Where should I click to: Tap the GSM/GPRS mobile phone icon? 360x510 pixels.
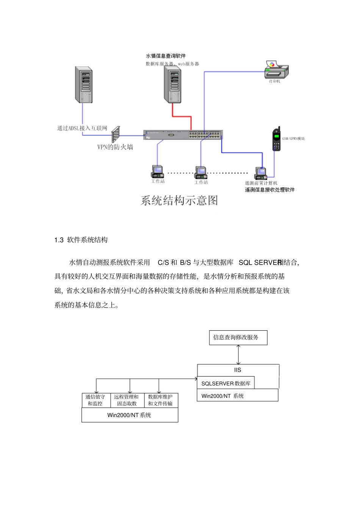click(x=277, y=140)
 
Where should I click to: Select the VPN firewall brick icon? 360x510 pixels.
click(x=116, y=135)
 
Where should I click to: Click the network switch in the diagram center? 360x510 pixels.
click(x=183, y=135)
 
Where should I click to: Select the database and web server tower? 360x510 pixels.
click(x=172, y=85)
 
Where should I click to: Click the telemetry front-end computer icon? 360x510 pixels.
click(x=261, y=173)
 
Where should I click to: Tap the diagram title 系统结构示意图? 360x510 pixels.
click(x=179, y=200)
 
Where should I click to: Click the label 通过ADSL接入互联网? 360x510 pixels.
click(x=82, y=128)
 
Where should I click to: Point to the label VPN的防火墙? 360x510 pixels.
click(x=115, y=147)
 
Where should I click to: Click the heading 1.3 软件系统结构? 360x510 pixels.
click(x=81, y=240)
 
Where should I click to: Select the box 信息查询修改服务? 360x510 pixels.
click(x=238, y=337)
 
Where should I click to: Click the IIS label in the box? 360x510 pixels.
click(x=238, y=370)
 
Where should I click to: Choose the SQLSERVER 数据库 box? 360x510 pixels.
click(x=226, y=383)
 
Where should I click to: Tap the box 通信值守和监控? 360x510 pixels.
click(x=95, y=400)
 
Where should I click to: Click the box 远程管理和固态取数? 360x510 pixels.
click(x=127, y=400)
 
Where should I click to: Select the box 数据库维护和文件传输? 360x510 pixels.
click(x=160, y=400)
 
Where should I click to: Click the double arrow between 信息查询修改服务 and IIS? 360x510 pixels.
click(x=238, y=355)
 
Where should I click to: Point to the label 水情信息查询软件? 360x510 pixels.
click(x=166, y=56)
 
